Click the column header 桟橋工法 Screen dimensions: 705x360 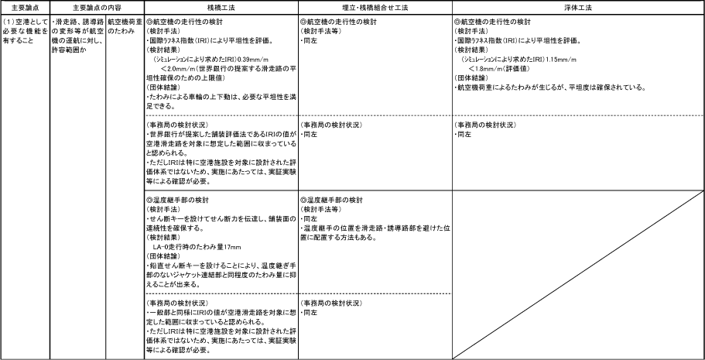click(x=221, y=8)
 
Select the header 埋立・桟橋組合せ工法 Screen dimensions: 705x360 click(x=375, y=8)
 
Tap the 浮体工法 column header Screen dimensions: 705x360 click(x=578, y=8)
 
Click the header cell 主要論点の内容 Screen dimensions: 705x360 click(x=97, y=8)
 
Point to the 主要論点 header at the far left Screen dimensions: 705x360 click(x=25, y=8)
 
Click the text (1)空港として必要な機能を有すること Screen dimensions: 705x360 click(x=26, y=32)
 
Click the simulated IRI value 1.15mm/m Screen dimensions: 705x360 click(x=561, y=60)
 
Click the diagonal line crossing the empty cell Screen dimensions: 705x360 click(x=578, y=275)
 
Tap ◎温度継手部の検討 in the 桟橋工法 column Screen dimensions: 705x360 click(x=177, y=200)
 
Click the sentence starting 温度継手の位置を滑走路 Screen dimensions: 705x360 click(x=375, y=233)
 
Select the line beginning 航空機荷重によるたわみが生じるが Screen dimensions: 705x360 click(x=550, y=87)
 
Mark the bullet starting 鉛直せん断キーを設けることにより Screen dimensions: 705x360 click(x=221, y=275)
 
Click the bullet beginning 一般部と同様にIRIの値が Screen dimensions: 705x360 click(x=221, y=317)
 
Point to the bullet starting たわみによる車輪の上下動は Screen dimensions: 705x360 click(x=221, y=101)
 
